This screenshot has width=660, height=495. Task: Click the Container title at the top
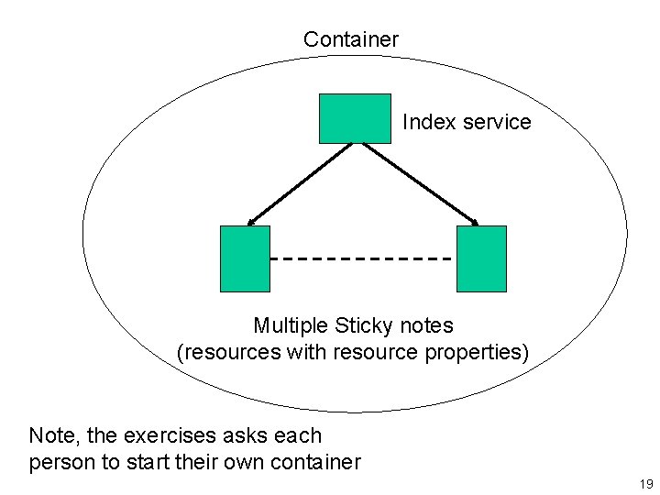[x=351, y=39]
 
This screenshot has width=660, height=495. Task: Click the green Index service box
[x=355, y=118]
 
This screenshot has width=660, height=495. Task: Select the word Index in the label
[x=424, y=122]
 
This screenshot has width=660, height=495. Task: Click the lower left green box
[x=246, y=258]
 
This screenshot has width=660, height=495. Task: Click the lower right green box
[x=481, y=258]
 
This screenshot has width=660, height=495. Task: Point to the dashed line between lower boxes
[x=363, y=259]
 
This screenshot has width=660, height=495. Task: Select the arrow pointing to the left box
[x=300, y=183]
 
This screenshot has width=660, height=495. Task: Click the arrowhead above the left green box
[x=252, y=221]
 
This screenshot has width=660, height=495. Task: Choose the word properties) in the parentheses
[x=481, y=353]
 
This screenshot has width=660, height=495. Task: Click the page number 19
[x=646, y=484]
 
